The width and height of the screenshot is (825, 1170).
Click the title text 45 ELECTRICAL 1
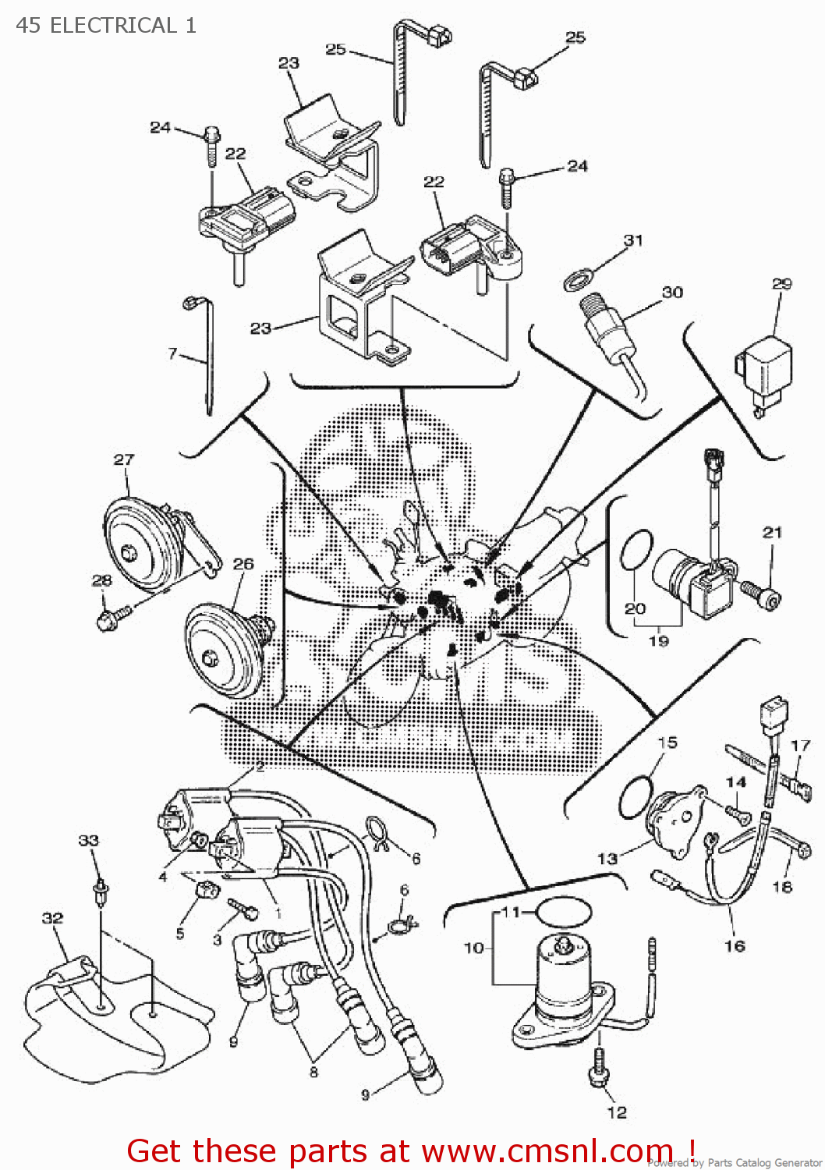[x=105, y=25]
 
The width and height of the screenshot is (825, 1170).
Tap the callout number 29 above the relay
[x=781, y=284]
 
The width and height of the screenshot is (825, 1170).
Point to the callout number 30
[x=672, y=292]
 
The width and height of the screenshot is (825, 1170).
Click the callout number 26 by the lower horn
[x=243, y=563]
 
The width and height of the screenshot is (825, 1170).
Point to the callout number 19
[x=659, y=640]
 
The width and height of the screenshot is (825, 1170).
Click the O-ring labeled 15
[x=636, y=797]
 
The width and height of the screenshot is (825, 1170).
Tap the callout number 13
[x=607, y=858]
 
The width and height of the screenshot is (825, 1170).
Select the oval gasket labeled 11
[x=565, y=910]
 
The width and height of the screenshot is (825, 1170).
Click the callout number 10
[x=473, y=948]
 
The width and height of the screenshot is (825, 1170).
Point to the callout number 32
[x=52, y=918]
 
